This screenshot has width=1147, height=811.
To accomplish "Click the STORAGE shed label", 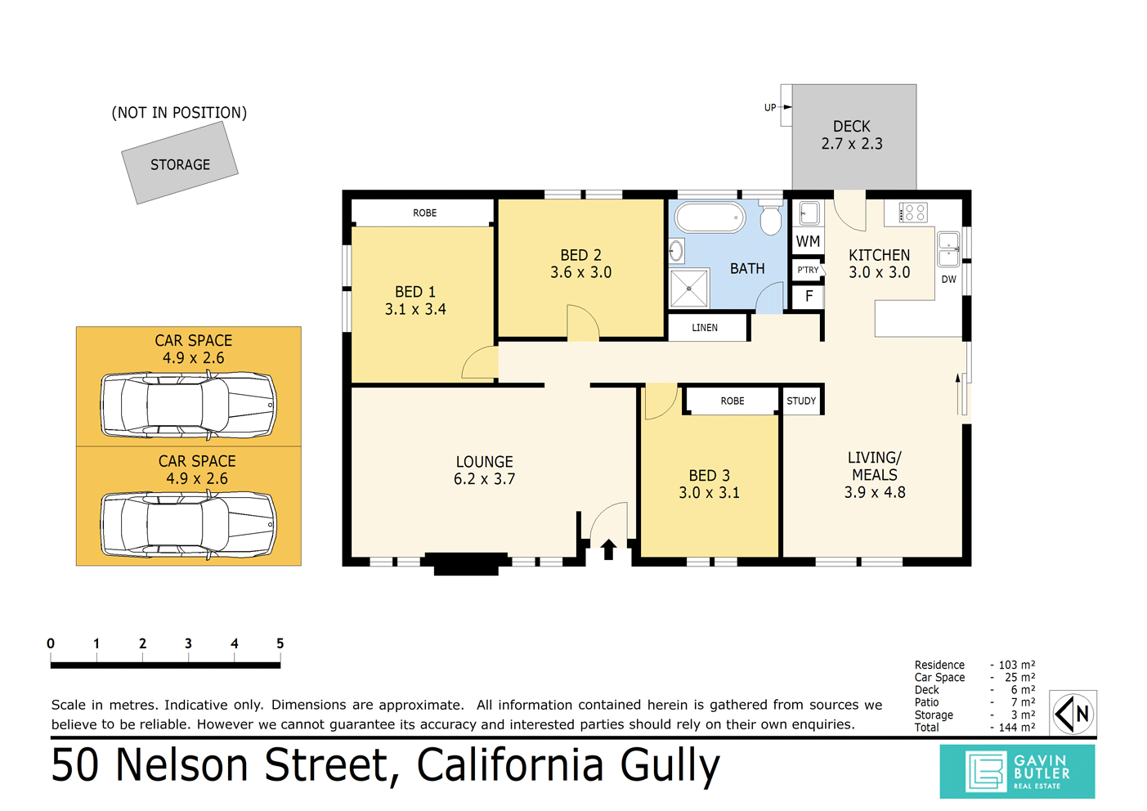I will pyautogui.click(x=180, y=164).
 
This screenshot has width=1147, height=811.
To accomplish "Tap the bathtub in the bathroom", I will pyautogui.click(x=710, y=218).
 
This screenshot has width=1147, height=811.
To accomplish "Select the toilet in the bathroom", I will pyautogui.click(x=770, y=219).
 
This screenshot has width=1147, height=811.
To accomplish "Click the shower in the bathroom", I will pyautogui.click(x=689, y=288).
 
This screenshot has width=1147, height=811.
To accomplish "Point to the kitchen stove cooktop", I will pyautogui.click(x=913, y=213).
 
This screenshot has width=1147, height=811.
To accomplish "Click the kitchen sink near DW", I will pyautogui.click(x=948, y=249).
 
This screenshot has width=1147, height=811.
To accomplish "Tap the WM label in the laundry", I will pyautogui.click(x=808, y=241).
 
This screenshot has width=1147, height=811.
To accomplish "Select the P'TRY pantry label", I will pyautogui.click(x=808, y=270).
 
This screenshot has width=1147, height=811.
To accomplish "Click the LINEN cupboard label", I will pyautogui.click(x=705, y=328).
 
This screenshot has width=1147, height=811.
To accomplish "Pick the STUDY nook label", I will pyautogui.click(x=801, y=401).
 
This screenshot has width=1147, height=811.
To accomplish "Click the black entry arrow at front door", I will pyautogui.click(x=608, y=549).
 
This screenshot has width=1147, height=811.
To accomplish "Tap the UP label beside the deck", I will pyautogui.click(x=770, y=107).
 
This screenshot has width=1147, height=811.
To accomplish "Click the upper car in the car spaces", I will pyautogui.click(x=188, y=404).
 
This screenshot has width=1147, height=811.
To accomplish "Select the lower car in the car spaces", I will pyautogui.click(x=188, y=525).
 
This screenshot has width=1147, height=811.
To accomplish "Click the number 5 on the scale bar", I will pyautogui.click(x=280, y=643).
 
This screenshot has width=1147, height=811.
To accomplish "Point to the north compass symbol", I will pyautogui.click(x=1073, y=714).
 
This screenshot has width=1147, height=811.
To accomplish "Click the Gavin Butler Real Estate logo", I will pyautogui.click(x=1017, y=772).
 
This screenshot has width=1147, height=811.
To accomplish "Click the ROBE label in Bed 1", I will pyautogui.click(x=424, y=213).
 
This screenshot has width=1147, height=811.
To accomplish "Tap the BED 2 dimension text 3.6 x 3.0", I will pyautogui.click(x=580, y=272).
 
